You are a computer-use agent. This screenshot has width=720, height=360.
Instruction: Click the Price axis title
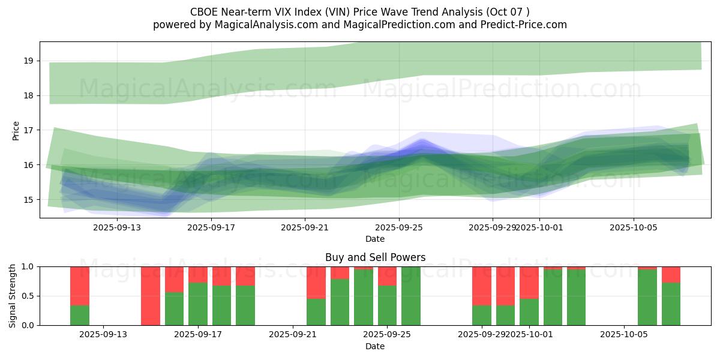point(16,130)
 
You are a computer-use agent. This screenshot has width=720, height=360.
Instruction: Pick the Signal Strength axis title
point(13,296)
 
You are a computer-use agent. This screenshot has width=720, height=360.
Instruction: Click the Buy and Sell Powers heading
point(375,257)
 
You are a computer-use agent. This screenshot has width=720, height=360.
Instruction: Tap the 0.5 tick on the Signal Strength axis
point(28,296)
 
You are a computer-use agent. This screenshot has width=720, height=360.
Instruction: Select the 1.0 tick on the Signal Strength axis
point(28,266)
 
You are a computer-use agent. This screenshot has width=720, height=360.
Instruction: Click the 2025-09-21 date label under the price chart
point(305,227)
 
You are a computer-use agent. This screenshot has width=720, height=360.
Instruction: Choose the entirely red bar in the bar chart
point(151,296)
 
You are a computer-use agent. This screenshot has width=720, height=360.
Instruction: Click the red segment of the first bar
point(80,286)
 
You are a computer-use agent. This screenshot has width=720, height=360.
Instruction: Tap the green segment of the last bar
point(671,304)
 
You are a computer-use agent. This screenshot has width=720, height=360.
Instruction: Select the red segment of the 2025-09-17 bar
point(198,274)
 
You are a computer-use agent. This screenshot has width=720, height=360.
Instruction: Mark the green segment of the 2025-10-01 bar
point(529,312)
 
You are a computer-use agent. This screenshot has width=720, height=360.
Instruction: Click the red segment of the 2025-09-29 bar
point(482,286)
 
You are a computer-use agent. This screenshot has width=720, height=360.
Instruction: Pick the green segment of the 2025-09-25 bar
point(387,305)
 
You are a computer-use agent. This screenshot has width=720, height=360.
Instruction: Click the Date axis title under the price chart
point(375,239)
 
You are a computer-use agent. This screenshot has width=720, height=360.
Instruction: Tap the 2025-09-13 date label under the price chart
point(116,227)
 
